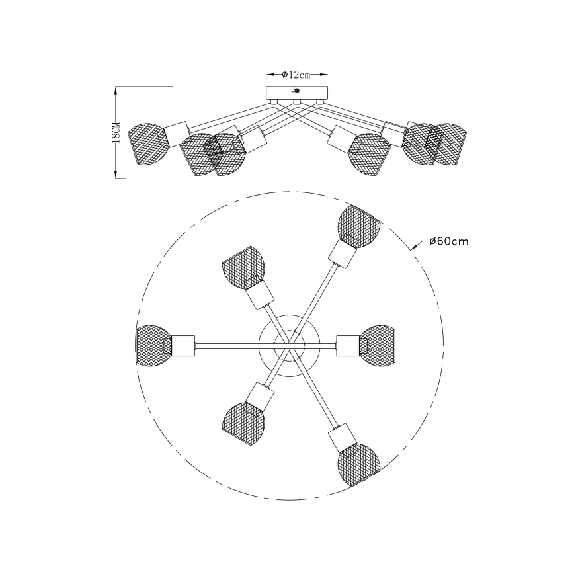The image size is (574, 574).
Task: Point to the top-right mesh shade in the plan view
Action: click(x=358, y=224)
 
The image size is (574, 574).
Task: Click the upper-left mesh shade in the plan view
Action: click(x=243, y=266)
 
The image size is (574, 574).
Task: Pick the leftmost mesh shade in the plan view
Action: click(x=153, y=344)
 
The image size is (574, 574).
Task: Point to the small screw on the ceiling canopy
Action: click(x=297, y=91)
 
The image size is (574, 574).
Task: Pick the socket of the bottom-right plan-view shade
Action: click(x=343, y=436)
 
